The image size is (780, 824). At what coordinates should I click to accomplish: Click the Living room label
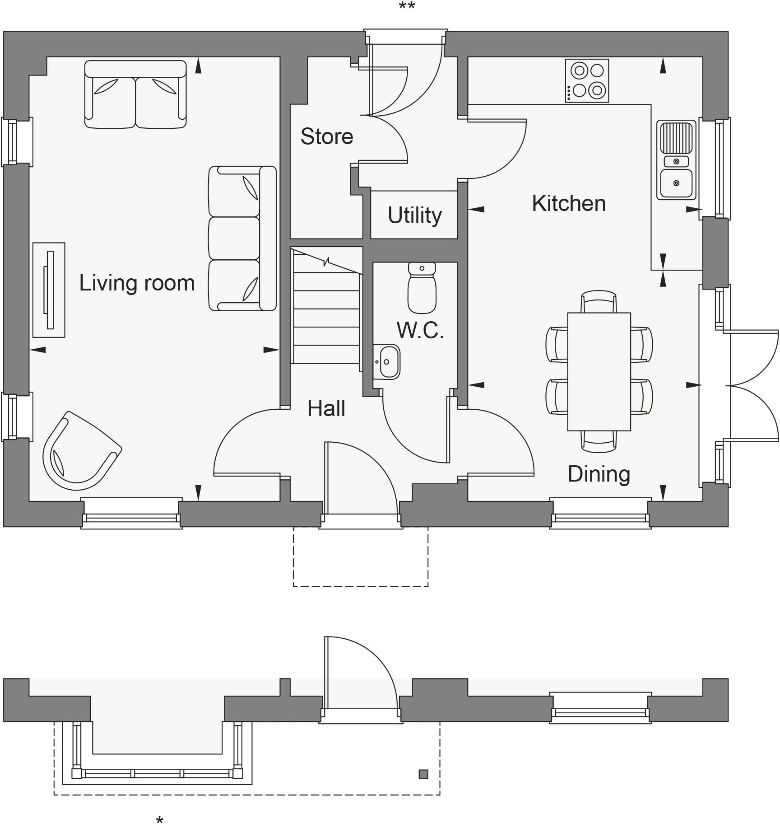(x=137, y=283)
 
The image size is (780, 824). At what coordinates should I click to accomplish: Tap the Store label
(x=326, y=136)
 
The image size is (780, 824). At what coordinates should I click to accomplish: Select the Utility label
(x=414, y=215)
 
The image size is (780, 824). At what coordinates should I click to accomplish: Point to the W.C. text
(x=420, y=331)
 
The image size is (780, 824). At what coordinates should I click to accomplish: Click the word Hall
(x=326, y=409)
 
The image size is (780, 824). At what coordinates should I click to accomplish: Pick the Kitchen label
(x=568, y=203)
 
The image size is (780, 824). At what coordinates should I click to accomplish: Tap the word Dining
(x=599, y=474)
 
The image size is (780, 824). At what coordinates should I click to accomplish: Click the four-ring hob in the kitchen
(x=587, y=81)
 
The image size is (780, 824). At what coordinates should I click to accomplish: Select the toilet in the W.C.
(x=422, y=288)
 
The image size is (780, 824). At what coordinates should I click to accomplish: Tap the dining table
(x=599, y=371)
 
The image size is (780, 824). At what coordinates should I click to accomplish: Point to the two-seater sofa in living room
(x=135, y=95)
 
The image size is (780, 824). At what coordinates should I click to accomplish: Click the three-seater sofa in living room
(x=242, y=239)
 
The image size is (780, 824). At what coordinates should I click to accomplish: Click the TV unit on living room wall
(x=49, y=290)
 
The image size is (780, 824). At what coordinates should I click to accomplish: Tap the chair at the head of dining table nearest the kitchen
(x=599, y=301)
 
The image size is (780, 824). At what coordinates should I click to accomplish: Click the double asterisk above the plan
(x=407, y=6)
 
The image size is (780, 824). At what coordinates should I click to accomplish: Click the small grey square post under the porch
(x=423, y=774)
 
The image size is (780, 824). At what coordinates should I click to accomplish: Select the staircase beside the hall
(x=326, y=307)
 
